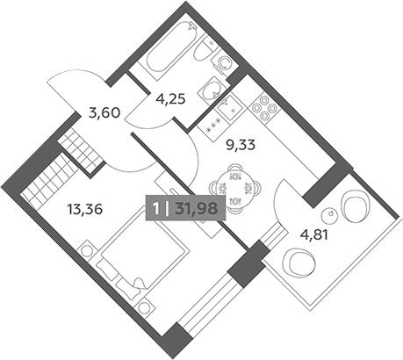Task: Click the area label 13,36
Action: click(x=85, y=210)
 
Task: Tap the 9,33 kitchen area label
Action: click(x=241, y=145)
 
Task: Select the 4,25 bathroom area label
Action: click(x=171, y=99)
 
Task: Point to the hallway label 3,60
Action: click(x=104, y=112)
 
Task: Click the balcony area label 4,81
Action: click(x=313, y=234)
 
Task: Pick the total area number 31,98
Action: click(x=196, y=209)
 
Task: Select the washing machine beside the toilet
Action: click(x=225, y=62)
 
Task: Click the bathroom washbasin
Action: click(x=212, y=90)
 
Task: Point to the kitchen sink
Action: click(x=229, y=107)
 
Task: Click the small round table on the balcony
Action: click(x=330, y=216)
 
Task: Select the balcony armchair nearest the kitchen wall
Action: click(x=355, y=206)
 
